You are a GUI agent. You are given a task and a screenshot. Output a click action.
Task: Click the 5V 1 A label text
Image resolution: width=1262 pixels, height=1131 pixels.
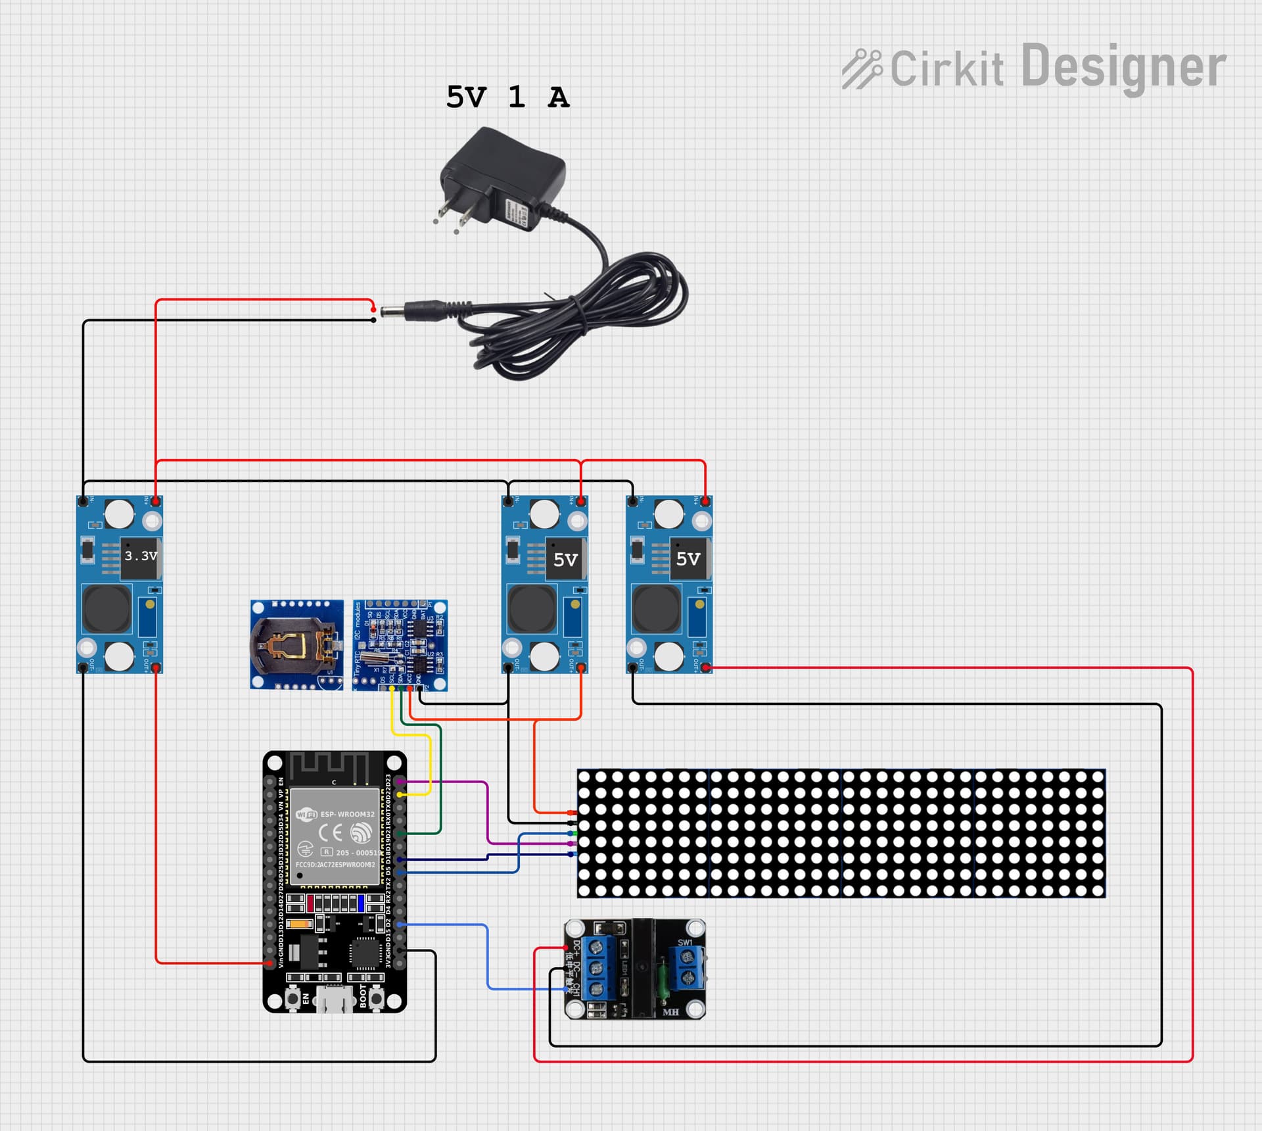click(x=507, y=97)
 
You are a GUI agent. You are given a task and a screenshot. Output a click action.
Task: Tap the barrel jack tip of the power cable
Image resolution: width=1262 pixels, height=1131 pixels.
click(x=392, y=310)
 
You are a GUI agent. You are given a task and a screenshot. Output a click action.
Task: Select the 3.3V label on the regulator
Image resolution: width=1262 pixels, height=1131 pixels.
click(x=141, y=556)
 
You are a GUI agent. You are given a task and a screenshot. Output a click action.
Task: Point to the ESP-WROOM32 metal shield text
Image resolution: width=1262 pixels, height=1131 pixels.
click(x=346, y=814)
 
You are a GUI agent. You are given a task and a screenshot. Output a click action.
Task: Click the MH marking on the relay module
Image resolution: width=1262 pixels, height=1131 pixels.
click(x=670, y=1012)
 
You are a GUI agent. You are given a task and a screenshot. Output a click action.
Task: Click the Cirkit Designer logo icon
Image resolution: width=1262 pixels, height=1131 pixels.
click(x=862, y=68)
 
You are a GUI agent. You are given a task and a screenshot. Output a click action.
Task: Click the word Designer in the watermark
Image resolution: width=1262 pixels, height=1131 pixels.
click(x=1123, y=67)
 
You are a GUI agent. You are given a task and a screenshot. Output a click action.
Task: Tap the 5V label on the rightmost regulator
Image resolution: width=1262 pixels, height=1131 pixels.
click(x=688, y=559)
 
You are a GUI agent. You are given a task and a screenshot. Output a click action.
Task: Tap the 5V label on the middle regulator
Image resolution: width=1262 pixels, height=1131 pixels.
click(x=565, y=560)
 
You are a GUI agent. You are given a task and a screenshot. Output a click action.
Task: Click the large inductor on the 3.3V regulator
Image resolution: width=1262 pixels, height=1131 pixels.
click(x=107, y=608)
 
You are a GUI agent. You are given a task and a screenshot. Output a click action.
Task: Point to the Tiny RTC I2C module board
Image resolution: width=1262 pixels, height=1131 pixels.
click(x=400, y=644)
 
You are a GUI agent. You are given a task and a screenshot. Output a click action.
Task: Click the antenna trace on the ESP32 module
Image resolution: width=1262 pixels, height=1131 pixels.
click(x=329, y=766)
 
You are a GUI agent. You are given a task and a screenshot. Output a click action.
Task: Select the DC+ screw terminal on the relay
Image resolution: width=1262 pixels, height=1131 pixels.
click(x=596, y=948)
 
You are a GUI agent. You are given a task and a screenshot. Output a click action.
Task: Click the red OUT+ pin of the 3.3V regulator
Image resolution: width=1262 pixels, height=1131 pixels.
click(x=156, y=668)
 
